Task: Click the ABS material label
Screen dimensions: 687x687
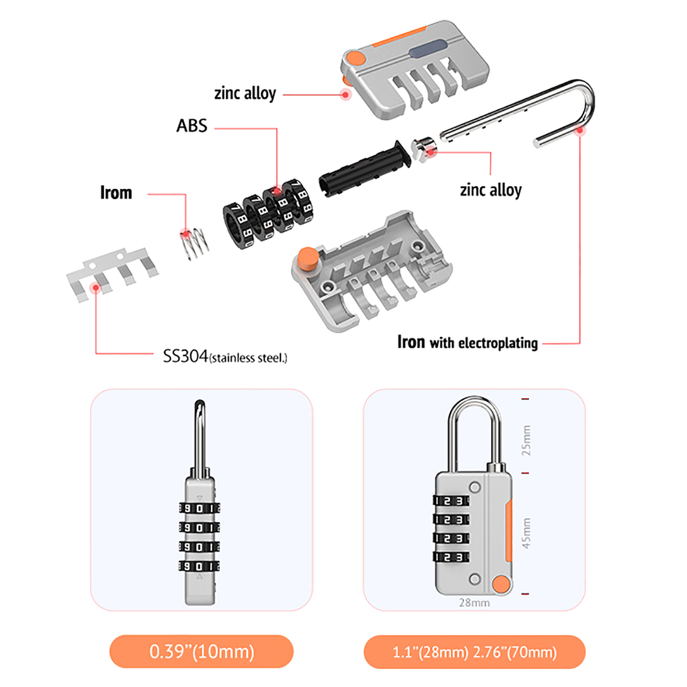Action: click(x=192, y=126)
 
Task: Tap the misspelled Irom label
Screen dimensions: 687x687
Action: click(x=116, y=193)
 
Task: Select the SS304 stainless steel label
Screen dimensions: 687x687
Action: click(x=225, y=356)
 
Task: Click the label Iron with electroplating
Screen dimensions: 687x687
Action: click(x=468, y=342)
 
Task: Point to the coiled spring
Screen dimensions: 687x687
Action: click(x=195, y=243)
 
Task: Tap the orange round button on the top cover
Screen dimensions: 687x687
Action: click(x=356, y=58)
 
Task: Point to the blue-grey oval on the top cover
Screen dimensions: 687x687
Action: click(x=428, y=48)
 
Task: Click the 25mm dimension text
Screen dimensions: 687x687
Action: click(x=526, y=440)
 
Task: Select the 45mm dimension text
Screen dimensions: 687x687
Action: click(x=526, y=533)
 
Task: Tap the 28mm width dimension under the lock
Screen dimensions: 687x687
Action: click(x=474, y=603)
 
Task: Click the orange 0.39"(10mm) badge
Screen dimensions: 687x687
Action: click(x=201, y=651)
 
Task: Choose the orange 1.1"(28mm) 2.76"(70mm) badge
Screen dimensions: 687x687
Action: click(x=474, y=652)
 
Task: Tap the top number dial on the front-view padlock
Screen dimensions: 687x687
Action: click(x=451, y=501)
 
